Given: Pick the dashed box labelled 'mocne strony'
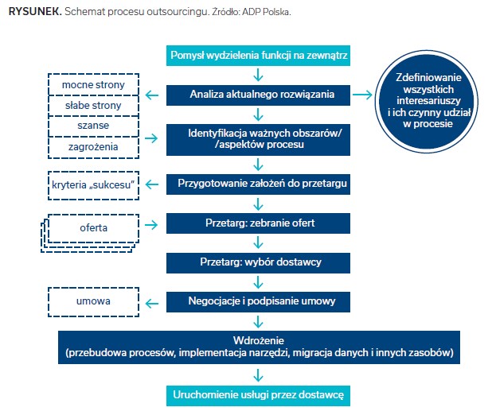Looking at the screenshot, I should (x=94, y=84).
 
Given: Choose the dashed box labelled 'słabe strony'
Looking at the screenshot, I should (x=94, y=105).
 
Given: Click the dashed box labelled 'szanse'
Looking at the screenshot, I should (x=94, y=126).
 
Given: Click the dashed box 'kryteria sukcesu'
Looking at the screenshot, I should (x=94, y=185).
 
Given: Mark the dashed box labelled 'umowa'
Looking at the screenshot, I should (x=94, y=302).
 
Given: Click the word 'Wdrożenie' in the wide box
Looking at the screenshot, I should (x=258, y=340).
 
